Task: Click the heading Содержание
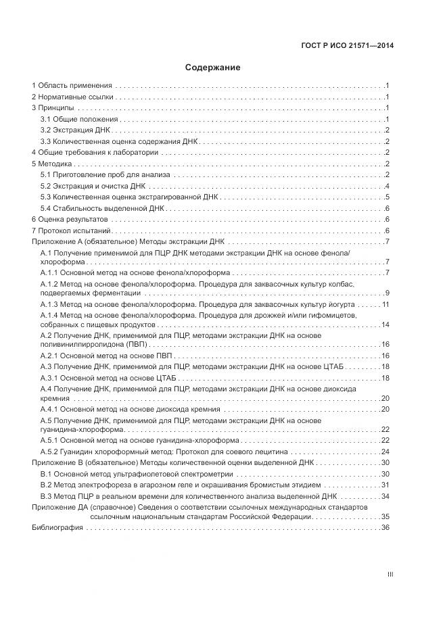[213, 68]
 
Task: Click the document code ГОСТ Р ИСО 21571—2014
[347, 45]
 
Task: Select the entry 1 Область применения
[72, 86]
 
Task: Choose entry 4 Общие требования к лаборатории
[95, 152]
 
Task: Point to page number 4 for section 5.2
[386, 186]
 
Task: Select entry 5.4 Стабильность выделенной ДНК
[102, 208]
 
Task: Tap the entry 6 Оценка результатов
[70, 219]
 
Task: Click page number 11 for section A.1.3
[385, 305]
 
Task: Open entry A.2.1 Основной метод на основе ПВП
[107, 355]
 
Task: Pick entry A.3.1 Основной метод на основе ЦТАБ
[109, 377]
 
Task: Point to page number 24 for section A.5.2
[385, 452]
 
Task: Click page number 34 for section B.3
[385, 495]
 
